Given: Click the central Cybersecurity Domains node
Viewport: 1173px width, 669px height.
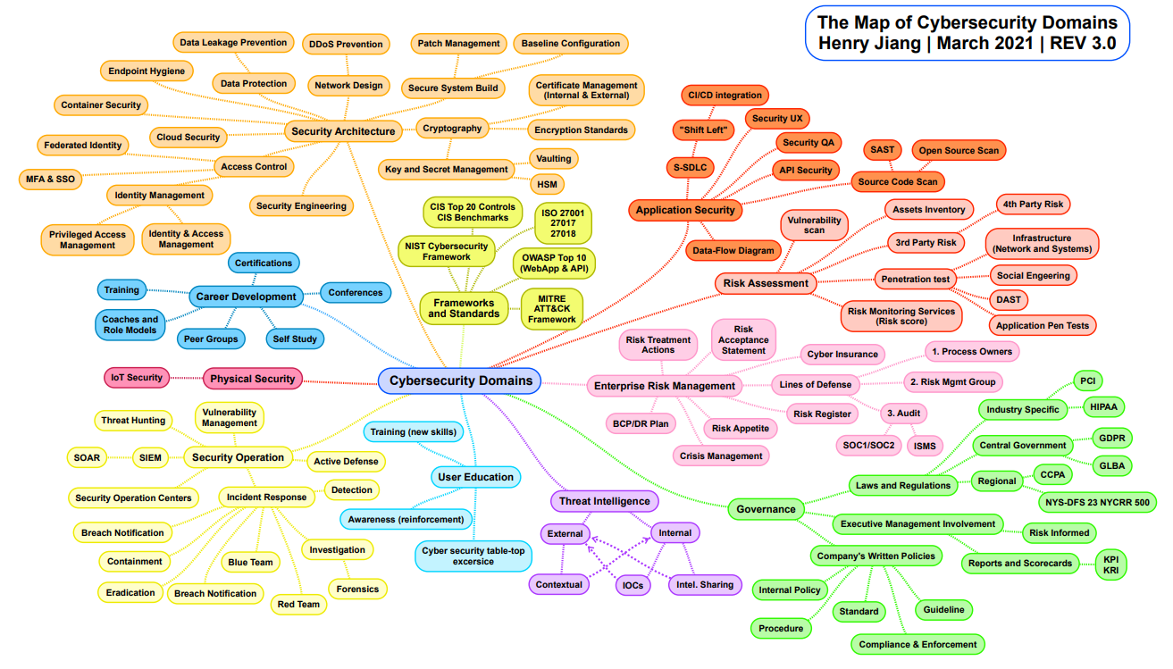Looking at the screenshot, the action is (x=459, y=380).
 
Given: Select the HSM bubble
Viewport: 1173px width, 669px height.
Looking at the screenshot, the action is (x=547, y=184).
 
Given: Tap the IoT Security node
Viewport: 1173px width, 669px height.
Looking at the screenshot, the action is (x=137, y=378).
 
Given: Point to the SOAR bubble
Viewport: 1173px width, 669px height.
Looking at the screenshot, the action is (x=87, y=457).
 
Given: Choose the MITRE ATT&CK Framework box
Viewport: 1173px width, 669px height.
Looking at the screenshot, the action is (x=552, y=309).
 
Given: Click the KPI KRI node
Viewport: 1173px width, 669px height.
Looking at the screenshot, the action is (x=1110, y=564).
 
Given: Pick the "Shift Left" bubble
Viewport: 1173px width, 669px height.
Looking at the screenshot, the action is (x=703, y=130).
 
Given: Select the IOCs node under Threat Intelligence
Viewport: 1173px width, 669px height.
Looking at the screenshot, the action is (x=633, y=585).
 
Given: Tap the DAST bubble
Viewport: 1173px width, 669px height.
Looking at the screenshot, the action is (x=1009, y=299).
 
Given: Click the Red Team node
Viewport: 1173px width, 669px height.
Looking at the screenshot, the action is (x=298, y=604).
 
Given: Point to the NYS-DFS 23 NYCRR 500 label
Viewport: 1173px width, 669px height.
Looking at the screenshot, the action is (x=1097, y=502).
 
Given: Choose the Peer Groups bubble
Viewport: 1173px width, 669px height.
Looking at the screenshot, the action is (x=211, y=339).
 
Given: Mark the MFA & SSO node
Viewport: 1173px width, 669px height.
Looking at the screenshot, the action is (x=50, y=179).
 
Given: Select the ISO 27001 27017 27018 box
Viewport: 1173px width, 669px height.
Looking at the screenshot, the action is (x=563, y=223).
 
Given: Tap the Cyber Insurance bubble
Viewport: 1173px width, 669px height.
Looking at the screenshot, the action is (x=842, y=354).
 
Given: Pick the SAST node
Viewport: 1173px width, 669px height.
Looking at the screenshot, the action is (x=883, y=150).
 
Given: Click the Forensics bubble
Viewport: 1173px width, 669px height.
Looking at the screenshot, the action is (x=357, y=589).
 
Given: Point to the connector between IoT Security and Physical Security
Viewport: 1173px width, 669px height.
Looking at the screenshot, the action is (x=187, y=378).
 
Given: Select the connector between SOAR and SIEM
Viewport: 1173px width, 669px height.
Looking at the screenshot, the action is (x=120, y=457).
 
